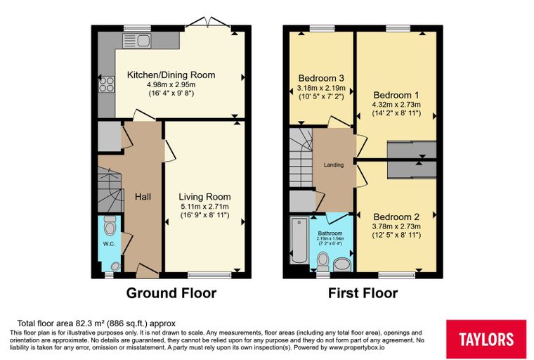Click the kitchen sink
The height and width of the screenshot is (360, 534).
(137, 40)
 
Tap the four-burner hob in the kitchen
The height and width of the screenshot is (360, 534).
(106, 84)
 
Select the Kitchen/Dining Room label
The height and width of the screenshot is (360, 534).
(171, 75)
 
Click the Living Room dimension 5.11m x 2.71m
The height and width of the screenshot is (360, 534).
(204, 207)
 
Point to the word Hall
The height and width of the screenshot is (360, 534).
(143, 197)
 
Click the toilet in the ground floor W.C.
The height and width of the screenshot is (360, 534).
(110, 225)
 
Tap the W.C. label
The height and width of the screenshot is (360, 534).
(109, 244)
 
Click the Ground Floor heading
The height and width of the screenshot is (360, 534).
(171, 293)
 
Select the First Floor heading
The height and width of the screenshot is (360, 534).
(363, 293)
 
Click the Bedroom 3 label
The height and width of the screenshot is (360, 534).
(322, 79)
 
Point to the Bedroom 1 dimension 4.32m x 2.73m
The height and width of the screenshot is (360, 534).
(396, 105)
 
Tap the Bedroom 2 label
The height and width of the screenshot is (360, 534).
(396, 217)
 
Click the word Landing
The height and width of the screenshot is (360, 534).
(334, 165)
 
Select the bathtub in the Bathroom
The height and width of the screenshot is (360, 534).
(299, 240)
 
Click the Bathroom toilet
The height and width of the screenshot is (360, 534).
(323, 262)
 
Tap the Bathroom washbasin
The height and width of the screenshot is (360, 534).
(342, 265)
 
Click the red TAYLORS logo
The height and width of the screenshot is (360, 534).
(486, 339)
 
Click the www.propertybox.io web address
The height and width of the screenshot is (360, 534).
(356, 348)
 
